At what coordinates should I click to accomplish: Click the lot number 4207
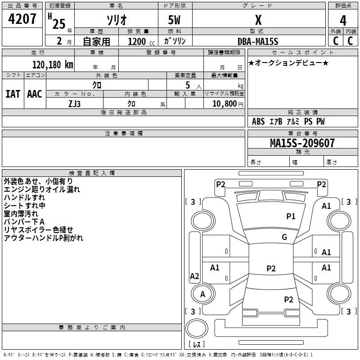click(x=22, y=19)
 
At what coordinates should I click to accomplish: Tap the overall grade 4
click(x=343, y=21)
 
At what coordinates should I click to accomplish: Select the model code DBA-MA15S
click(x=258, y=41)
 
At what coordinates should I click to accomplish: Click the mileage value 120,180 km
click(x=53, y=65)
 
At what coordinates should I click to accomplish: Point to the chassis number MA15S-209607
click(x=302, y=143)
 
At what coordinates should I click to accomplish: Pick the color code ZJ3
click(x=74, y=104)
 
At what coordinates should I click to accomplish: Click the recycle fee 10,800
click(x=224, y=104)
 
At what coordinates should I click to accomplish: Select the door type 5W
click(x=174, y=20)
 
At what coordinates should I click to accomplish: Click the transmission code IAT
click(x=13, y=94)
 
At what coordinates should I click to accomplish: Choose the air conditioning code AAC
click(x=35, y=94)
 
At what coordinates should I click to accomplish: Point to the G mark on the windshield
click(x=284, y=237)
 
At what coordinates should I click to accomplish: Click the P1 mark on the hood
click(x=291, y=216)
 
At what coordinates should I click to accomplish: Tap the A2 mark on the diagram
click(x=194, y=276)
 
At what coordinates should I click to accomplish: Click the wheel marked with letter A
click(x=203, y=294)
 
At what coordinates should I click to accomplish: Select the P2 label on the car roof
click(x=271, y=268)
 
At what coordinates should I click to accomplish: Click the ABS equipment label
click(x=258, y=121)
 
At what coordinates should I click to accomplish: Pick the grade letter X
click(x=258, y=20)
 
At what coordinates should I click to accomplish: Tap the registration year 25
click(x=59, y=24)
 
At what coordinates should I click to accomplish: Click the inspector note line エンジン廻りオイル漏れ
click(x=42, y=189)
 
